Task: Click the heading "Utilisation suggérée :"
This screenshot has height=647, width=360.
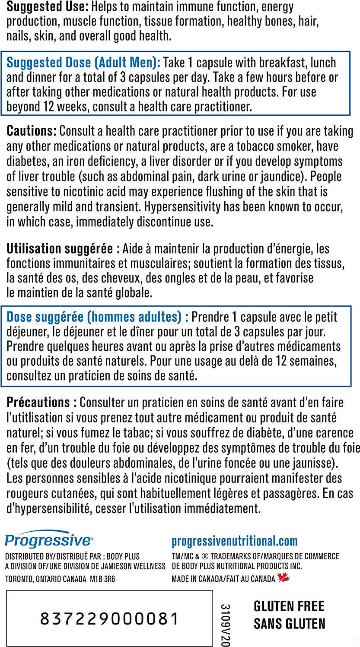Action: [x=63, y=249]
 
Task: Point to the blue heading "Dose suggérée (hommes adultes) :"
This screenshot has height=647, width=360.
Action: [x=98, y=317]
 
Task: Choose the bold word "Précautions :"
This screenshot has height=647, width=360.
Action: [x=42, y=403]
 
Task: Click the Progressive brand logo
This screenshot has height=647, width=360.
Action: [x=48, y=540]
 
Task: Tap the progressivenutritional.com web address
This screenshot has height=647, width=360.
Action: [x=235, y=541]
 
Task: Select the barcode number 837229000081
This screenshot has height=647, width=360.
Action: [x=109, y=619]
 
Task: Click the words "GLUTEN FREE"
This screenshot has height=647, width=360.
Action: [x=289, y=606]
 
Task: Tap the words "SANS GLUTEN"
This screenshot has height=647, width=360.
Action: [x=289, y=624]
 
